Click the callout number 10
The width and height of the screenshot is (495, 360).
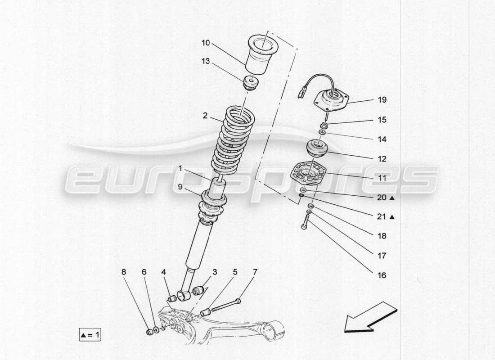click(x=205, y=43)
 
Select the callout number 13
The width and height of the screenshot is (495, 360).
click(x=205, y=62)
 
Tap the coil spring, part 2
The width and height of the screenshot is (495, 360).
click(x=234, y=139)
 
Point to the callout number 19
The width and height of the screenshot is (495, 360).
click(x=382, y=100)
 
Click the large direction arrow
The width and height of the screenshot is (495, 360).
click(x=370, y=318)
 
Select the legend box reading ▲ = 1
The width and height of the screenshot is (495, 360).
click(x=90, y=335)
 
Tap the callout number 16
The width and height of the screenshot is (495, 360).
click(x=382, y=275)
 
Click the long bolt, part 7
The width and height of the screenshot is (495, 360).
click(x=225, y=306)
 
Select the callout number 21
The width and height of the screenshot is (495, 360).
click(x=382, y=217)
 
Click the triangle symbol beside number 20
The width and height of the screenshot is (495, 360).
click(x=392, y=198)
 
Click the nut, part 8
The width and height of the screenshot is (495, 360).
click(x=150, y=332)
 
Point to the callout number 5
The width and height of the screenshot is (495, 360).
click(x=235, y=272)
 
